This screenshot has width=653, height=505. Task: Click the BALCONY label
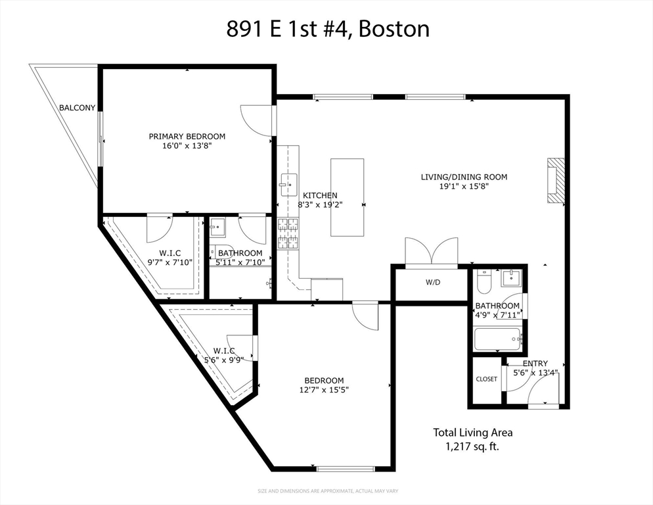pos(77,108)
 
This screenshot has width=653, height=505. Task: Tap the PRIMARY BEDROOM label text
pos(187,136)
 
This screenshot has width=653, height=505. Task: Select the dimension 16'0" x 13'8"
pos(187,146)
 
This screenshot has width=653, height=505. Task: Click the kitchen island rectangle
pos(348,197)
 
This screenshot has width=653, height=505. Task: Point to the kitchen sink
pos(288,185)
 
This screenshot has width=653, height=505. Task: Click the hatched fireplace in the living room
pos(556,181)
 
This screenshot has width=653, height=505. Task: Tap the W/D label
pos(433,282)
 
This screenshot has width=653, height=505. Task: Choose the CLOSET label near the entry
pos(486,379)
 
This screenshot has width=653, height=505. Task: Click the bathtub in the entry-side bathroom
pos(498,339)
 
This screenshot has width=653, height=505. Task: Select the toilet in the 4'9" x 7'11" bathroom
pos(484,281)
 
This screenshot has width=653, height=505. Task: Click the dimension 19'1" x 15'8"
pos(464,186)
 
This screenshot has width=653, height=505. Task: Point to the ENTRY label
pos(535,363)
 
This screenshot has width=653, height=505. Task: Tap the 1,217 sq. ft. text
pos(472,446)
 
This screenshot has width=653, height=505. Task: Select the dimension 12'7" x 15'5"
pos(324,390)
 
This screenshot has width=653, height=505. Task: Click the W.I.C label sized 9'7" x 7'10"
pos(170,253)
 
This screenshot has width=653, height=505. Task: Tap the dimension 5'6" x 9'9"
pos(223,360)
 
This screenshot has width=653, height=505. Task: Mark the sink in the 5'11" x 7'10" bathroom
pos(217,228)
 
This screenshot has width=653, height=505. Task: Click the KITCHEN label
pos(320,195)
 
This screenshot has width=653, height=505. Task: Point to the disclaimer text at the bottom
pos(328,491)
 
